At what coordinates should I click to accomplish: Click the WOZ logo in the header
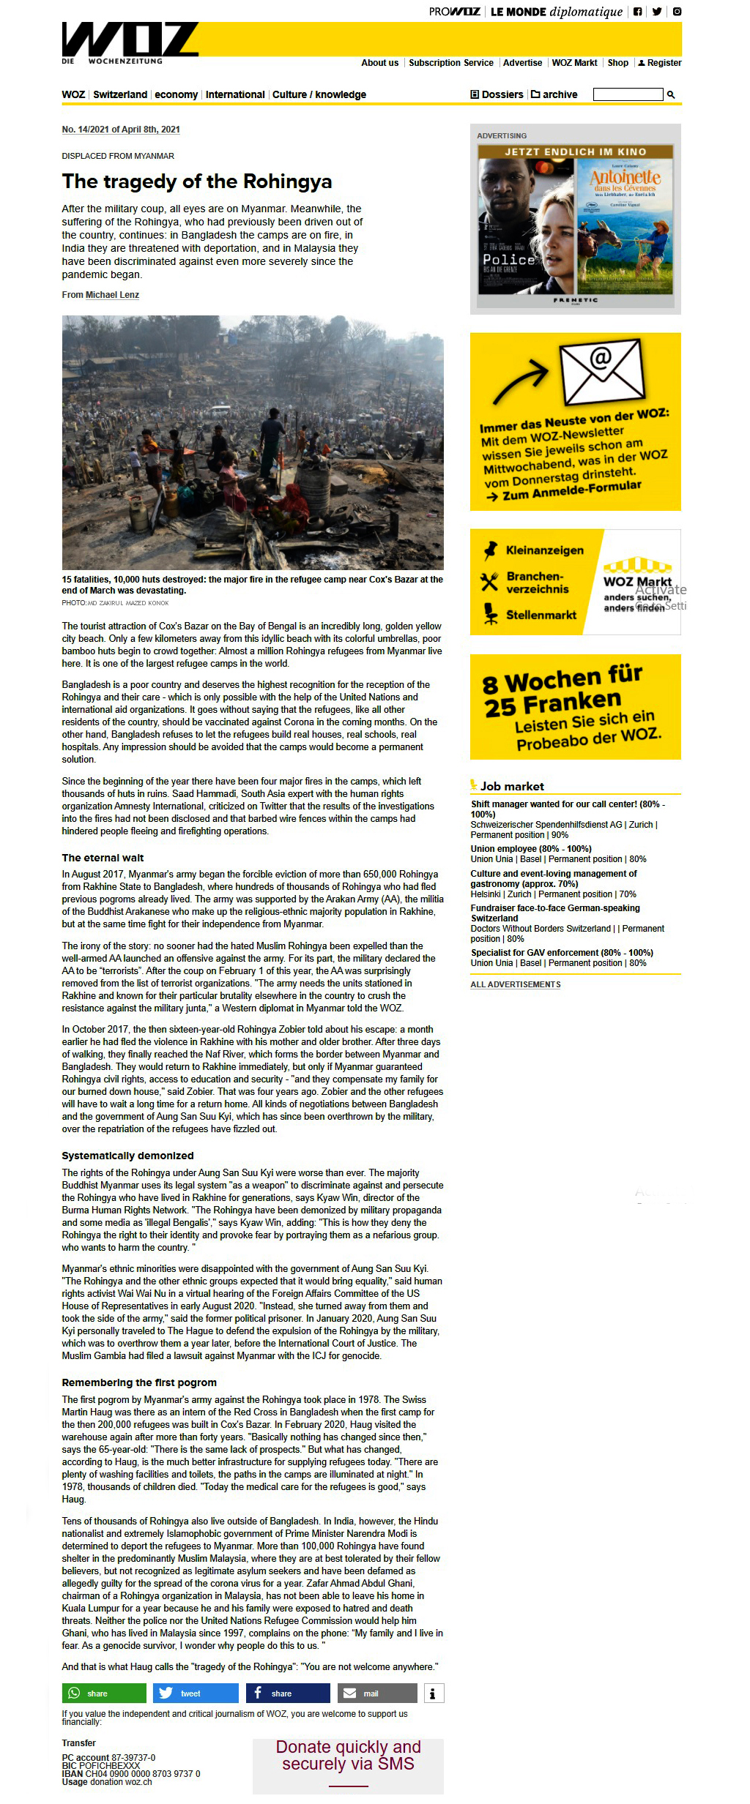click(130, 40)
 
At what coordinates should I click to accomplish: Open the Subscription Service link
click(450, 63)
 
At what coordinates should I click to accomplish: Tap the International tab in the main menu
click(235, 94)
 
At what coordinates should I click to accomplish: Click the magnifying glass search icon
click(671, 94)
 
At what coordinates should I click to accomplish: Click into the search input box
click(628, 94)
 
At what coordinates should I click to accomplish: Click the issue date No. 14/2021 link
click(121, 130)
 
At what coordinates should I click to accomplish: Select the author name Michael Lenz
click(112, 295)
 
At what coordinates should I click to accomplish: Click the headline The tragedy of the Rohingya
click(197, 181)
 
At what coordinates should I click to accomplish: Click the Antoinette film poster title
click(625, 179)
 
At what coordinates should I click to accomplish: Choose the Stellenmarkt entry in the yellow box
click(541, 615)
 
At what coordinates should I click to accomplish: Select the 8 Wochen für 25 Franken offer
click(575, 706)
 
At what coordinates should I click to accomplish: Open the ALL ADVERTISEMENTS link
click(516, 984)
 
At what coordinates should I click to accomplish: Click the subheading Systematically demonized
click(127, 1156)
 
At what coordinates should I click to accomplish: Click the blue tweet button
click(196, 1693)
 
